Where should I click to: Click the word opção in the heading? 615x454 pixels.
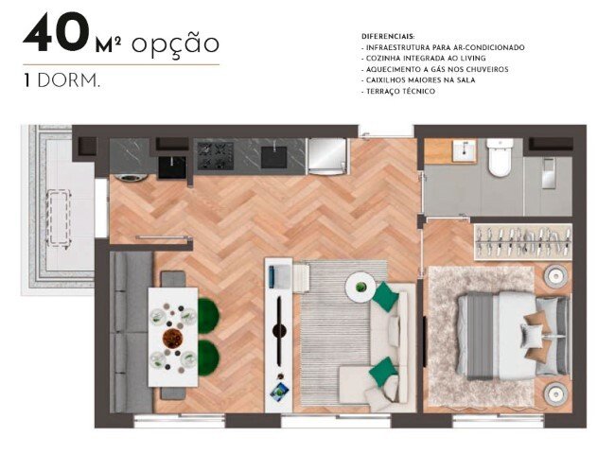pos(175,44)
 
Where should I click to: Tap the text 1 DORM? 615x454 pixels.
pos(61,80)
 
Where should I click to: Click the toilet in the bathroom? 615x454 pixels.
pos(501,158)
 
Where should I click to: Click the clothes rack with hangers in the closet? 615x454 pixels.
pos(522,243)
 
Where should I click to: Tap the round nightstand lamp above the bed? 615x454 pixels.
pos(553,276)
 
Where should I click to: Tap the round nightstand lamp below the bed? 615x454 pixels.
pos(553,390)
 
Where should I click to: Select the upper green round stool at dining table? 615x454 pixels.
pos(207,311)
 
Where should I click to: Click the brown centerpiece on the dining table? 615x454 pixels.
pos(172,337)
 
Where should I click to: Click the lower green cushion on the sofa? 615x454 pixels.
pos(381,371)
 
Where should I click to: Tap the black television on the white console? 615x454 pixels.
pos(278,330)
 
